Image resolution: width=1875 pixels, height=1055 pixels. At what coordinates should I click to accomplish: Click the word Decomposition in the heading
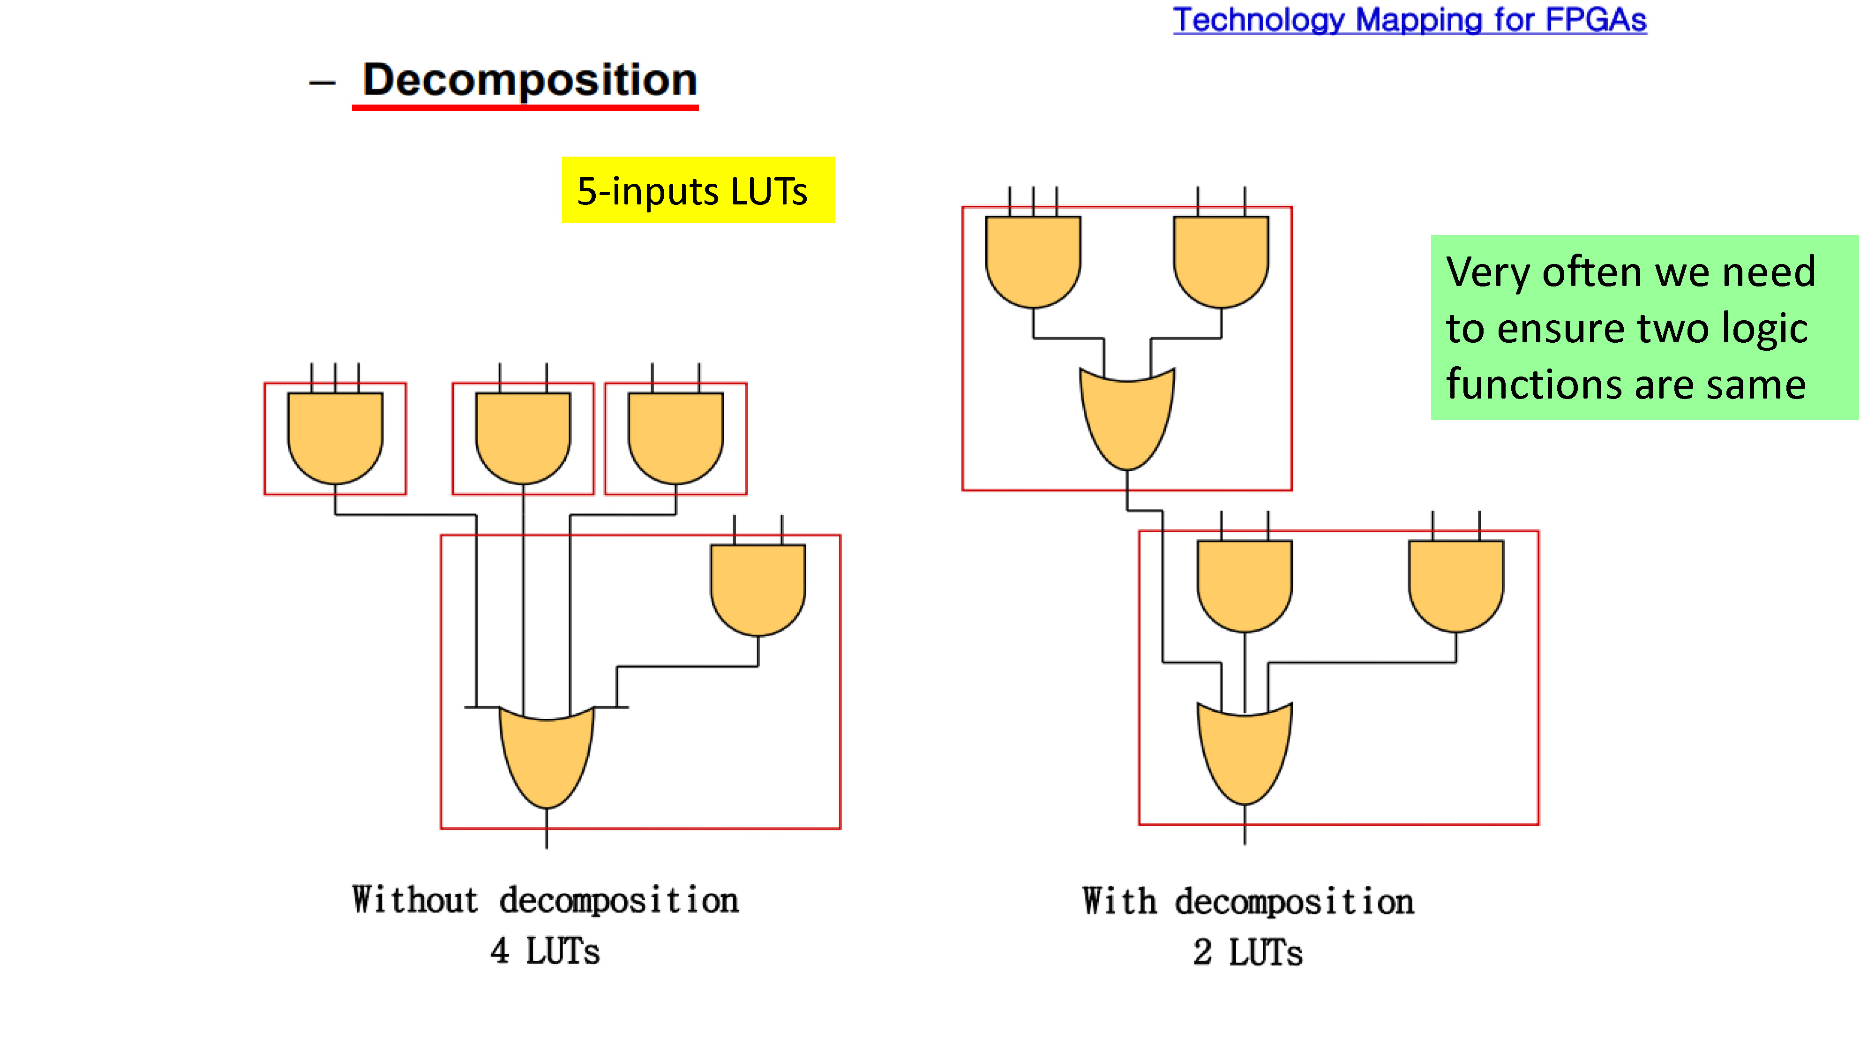pos(530,80)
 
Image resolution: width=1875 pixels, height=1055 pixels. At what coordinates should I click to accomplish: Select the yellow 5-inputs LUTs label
pos(698,190)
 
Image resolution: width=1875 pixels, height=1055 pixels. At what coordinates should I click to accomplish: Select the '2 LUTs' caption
pos(1247,952)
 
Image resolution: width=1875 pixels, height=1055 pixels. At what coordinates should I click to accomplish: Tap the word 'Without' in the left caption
pos(415,900)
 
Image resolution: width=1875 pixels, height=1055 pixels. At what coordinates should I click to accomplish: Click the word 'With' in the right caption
pos(1119,901)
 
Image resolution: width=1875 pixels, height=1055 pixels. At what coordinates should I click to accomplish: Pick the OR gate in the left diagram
pos(547,757)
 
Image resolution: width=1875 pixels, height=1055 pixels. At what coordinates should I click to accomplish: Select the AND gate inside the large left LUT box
pos(757,590)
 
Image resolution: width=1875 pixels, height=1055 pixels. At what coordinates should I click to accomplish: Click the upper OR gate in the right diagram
pos(1127,419)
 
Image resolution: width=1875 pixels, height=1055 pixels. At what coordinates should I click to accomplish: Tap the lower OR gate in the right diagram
pos(1245,754)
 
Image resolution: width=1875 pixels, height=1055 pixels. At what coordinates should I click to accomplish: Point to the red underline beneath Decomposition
pos(525,108)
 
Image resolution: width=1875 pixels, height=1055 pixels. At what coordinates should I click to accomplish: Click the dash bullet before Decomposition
pos(322,83)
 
